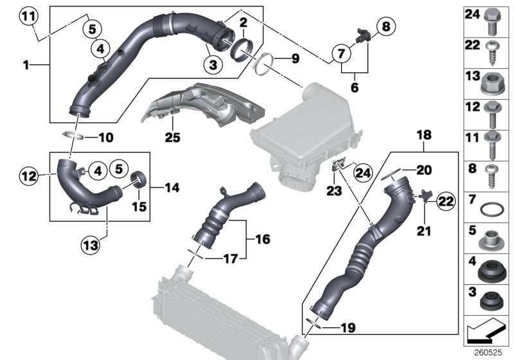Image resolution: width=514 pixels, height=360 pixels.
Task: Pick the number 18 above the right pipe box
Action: pyautogui.click(x=425, y=136)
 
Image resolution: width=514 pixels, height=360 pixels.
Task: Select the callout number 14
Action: pyautogui.click(x=172, y=188)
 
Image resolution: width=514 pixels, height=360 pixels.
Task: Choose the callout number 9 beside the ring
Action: pyautogui.click(x=294, y=59)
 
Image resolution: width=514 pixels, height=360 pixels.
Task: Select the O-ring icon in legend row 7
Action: pyautogui.click(x=492, y=211)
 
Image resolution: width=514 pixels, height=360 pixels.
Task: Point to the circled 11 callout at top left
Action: pyautogui.click(x=28, y=16)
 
